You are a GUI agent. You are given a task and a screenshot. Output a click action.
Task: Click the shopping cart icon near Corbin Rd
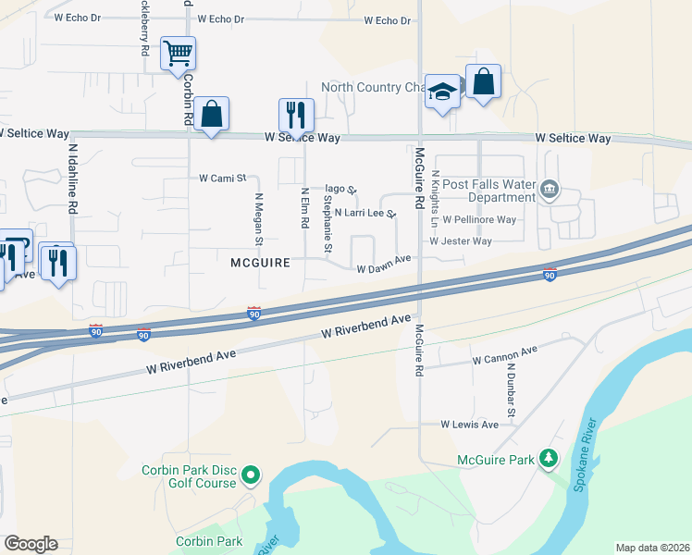tap(178, 53)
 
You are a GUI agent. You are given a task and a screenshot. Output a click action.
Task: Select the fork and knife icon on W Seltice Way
tap(296, 116)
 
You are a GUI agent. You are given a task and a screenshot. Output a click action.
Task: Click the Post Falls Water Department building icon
tap(550, 191)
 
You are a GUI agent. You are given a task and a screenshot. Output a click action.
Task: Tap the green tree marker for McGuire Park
tap(549, 459)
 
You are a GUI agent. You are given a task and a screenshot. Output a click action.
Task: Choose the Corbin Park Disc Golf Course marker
tap(250, 476)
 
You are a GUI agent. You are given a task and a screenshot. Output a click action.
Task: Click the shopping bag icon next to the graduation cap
tap(483, 82)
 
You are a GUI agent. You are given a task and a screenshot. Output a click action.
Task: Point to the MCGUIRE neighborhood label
tap(260, 263)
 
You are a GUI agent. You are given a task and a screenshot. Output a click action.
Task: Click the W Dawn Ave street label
tap(383, 265)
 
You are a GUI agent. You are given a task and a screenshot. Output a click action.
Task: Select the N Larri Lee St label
tap(365, 213)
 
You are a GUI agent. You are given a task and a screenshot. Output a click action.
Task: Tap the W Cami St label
tap(222, 178)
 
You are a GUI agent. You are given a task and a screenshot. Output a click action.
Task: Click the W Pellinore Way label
tap(479, 220)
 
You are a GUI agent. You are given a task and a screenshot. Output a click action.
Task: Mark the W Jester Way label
tap(460, 241)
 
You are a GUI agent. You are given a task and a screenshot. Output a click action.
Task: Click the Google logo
tap(31, 544)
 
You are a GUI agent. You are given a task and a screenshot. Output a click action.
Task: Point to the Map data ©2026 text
tap(652, 548)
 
